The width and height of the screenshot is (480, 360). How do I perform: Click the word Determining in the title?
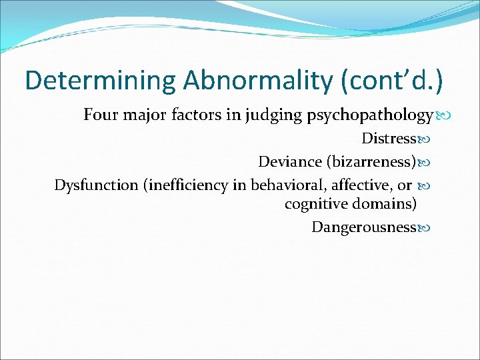[x=100, y=80]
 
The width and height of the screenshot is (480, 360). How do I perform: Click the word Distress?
[x=388, y=139]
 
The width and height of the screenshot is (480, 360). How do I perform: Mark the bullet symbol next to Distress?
[x=422, y=139]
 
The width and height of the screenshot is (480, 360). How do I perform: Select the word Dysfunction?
[x=96, y=185]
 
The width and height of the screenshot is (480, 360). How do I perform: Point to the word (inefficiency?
[x=186, y=185]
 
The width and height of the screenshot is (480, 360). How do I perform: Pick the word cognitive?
[x=313, y=203]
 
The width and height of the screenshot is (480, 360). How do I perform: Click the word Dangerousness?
[x=363, y=227]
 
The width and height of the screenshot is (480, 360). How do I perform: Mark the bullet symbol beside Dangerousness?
[x=422, y=228]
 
